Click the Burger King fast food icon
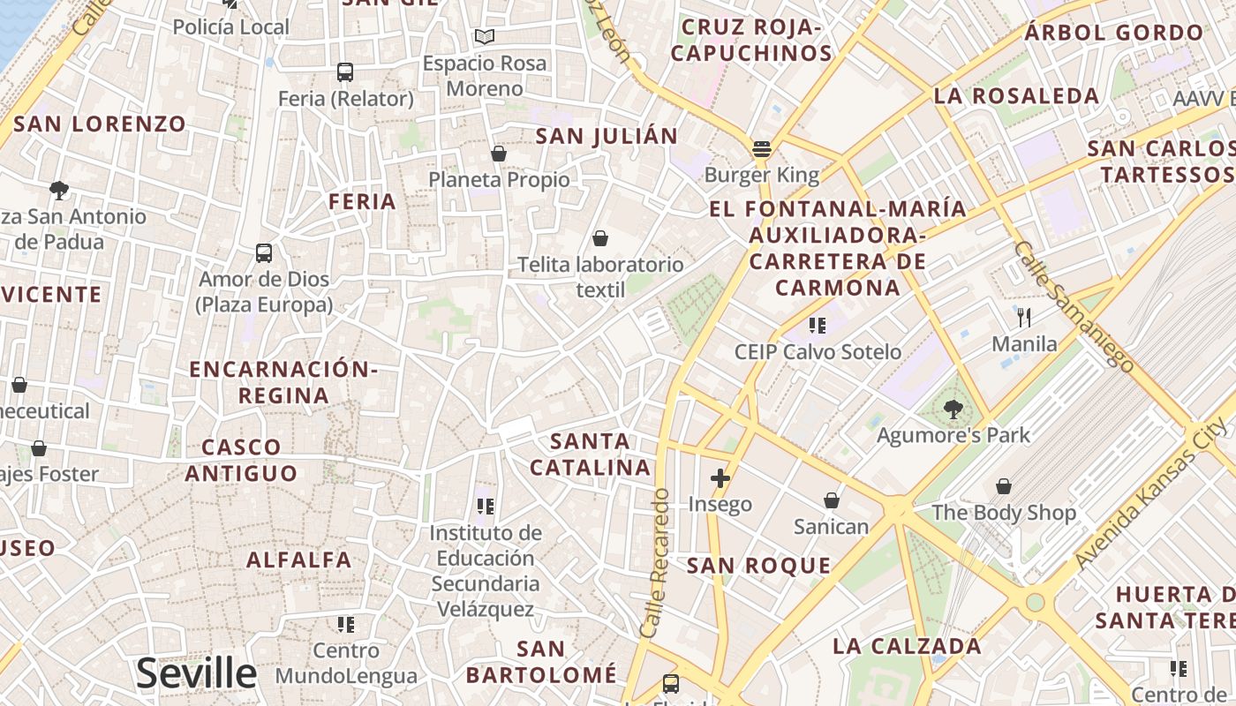762,148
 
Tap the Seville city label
196,673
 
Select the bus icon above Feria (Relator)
345,72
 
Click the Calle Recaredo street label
655,564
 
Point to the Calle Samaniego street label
1074,305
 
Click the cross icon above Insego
720,478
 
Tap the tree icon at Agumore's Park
953,409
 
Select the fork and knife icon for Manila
1024,317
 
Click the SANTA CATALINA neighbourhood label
590,454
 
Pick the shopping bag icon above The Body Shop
1004,486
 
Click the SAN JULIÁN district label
607,136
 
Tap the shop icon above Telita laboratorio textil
600,238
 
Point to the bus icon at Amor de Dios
264,253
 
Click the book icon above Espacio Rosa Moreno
484,37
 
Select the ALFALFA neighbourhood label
299,560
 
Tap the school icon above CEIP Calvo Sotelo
818,326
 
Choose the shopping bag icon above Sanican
832,501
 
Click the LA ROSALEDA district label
1016,95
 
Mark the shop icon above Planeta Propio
499,154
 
